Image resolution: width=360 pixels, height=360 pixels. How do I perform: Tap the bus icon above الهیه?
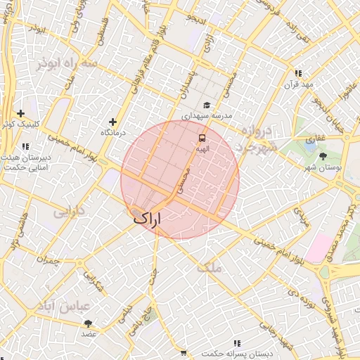tap(202, 138)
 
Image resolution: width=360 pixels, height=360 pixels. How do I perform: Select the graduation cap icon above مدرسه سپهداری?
tap(206, 105)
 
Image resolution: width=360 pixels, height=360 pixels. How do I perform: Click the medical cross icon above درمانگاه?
tap(112, 122)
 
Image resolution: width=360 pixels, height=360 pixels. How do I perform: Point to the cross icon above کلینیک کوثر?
tap(21, 113)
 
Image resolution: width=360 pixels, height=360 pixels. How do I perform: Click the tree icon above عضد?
tap(89, 323)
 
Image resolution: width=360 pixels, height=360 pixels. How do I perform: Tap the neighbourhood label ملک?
tap(209, 268)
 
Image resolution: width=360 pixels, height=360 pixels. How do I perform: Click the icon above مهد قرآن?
tap(299, 73)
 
